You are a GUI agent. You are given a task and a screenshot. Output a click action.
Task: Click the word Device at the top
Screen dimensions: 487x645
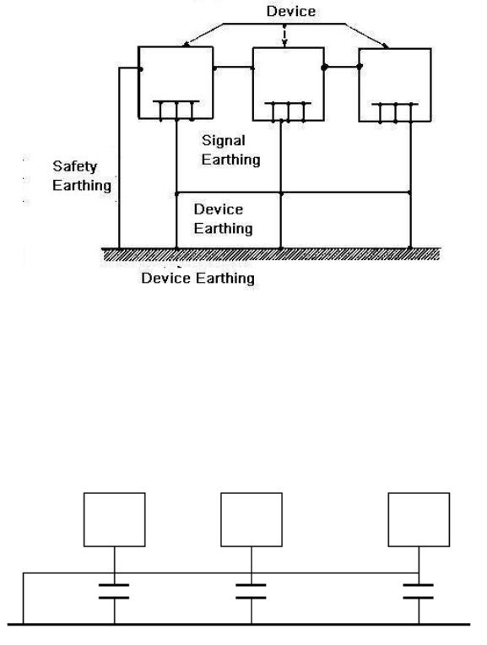[291, 11]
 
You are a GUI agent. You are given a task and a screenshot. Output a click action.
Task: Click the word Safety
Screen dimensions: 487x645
[75, 166]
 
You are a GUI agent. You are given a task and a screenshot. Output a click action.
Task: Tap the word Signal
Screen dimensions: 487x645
[224, 141]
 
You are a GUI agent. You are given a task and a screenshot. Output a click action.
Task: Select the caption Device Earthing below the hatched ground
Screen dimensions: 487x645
[198, 278]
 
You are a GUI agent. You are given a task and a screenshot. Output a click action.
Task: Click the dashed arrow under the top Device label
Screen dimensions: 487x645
[284, 35]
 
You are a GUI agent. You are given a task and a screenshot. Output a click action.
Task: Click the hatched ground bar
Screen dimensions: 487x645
[271, 254]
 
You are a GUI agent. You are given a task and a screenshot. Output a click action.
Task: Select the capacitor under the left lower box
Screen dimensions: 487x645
[114, 591]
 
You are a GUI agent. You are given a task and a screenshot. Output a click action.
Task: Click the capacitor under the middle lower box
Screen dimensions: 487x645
[251, 591]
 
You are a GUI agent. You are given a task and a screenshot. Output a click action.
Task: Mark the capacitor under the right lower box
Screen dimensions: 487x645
[419, 591]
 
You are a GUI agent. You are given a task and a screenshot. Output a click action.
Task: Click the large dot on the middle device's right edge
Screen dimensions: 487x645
[324, 67]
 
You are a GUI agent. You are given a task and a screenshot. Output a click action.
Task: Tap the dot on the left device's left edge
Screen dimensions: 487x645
[141, 69]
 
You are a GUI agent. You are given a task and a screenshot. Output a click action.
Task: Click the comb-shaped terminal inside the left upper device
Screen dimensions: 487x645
[176, 111]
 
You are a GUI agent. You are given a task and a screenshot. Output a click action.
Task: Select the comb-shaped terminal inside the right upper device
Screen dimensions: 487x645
[395, 113]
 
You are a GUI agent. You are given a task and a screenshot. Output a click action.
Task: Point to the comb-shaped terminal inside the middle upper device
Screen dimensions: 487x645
[288, 112]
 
